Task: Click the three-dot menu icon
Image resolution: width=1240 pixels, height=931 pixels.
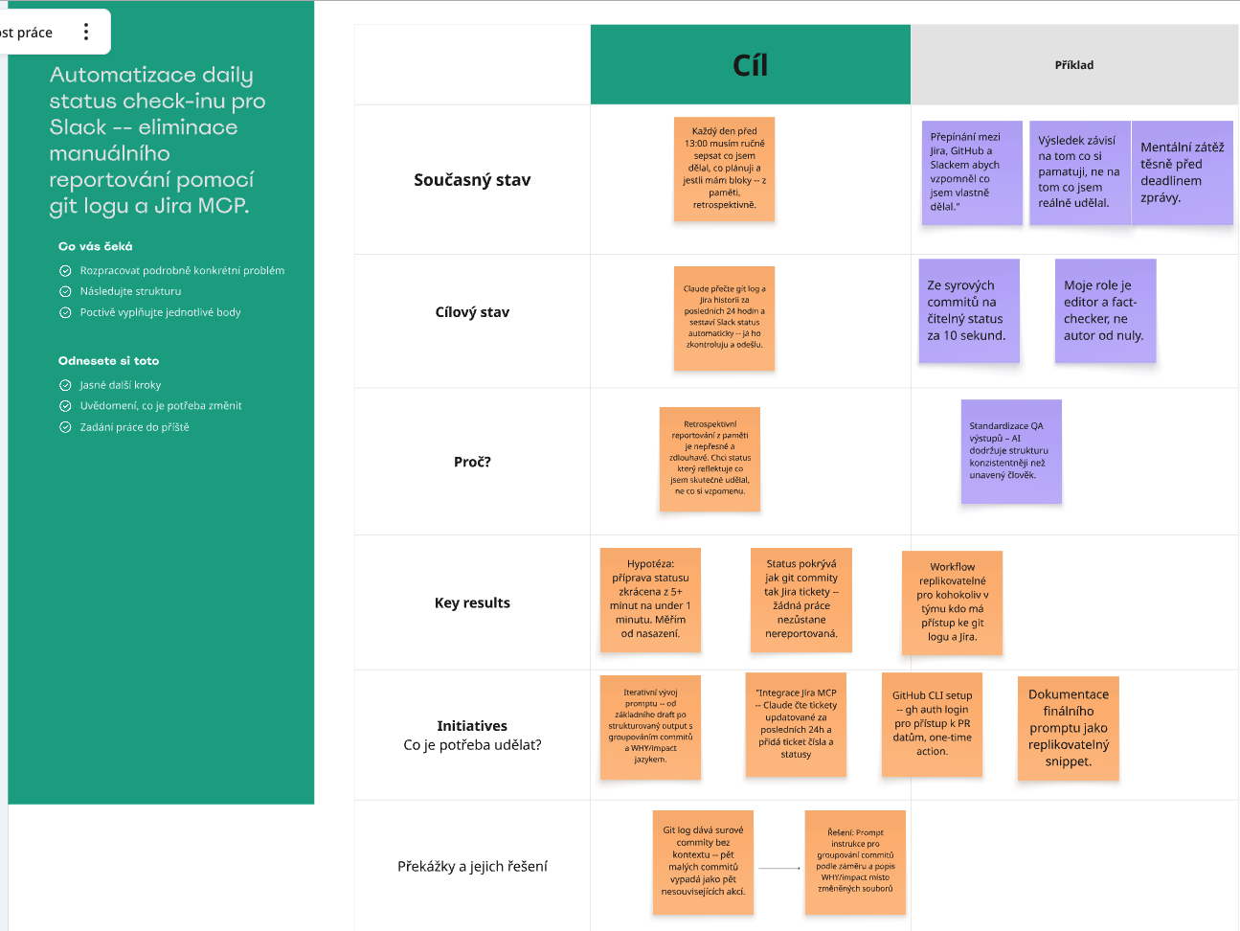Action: coord(86,32)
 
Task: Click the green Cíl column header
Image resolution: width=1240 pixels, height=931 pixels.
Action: coord(750,64)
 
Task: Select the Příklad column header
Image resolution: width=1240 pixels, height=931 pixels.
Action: coord(1074,64)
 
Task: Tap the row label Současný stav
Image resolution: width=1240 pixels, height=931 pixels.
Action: coord(472,180)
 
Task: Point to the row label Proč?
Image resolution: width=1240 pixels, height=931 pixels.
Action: coord(472,462)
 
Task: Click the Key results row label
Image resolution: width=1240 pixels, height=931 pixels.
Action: coord(472,602)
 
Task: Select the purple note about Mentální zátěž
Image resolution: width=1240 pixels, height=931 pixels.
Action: coord(1182,172)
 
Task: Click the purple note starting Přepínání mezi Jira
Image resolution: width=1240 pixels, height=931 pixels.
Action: coord(972,172)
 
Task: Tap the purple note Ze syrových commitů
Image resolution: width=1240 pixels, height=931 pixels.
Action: coord(969,310)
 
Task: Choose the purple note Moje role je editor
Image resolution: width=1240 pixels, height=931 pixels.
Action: coord(1106,310)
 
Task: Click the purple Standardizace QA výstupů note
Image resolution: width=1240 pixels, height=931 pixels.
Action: coord(1011,451)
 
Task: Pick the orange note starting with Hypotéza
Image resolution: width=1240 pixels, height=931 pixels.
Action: coord(650,600)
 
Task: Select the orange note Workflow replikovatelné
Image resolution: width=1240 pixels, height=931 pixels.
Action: coord(952,602)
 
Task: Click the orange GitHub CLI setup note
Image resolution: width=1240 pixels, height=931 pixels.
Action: coord(932,724)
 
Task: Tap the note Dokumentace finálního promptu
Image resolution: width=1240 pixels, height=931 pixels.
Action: coord(1069,728)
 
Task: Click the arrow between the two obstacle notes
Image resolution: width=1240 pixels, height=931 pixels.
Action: coord(779,868)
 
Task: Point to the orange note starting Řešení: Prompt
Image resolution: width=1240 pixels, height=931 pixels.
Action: coord(855,862)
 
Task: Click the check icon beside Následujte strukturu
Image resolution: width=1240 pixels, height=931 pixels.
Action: coord(65,291)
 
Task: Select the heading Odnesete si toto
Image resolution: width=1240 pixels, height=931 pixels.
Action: coord(108,360)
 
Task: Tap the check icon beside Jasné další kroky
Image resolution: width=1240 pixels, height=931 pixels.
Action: coord(65,385)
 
